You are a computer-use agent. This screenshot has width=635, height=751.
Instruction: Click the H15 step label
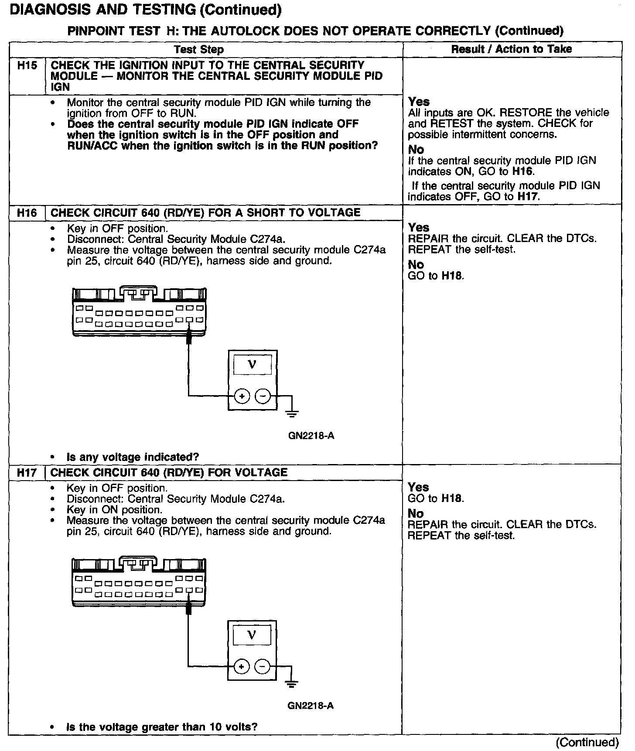coord(27,66)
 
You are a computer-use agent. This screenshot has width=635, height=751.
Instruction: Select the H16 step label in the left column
coord(27,213)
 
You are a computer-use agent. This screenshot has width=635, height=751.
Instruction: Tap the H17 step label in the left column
coord(27,473)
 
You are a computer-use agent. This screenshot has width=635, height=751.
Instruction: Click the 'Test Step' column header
coord(199,49)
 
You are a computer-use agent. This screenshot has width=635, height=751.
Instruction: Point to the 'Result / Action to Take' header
coord(511,49)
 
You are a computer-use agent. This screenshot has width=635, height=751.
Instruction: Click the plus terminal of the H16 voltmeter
coord(242,396)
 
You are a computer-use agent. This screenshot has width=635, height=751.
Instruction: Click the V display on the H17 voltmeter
coord(252,635)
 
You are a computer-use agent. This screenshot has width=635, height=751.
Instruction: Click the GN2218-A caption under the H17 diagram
coord(311,705)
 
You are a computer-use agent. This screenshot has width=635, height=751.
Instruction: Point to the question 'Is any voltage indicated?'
coord(133,457)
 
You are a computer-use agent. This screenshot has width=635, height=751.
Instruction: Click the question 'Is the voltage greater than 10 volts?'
coord(161,727)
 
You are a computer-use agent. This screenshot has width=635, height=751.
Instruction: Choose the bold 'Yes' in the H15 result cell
coord(419,102)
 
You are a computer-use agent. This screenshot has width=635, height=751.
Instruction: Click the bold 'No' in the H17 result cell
coord(416,514)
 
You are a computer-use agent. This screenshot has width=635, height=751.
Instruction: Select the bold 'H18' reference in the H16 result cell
coord(452,276)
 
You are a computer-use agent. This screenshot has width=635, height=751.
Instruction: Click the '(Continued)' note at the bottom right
coord(587,742)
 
